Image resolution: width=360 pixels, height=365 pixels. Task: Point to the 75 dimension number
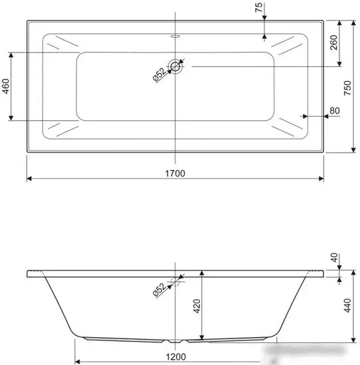(259, 11)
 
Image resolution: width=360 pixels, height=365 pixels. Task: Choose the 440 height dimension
(346, 307)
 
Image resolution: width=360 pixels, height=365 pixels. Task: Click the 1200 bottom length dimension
(174, 356)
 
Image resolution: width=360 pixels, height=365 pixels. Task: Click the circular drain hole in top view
(175, 65)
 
